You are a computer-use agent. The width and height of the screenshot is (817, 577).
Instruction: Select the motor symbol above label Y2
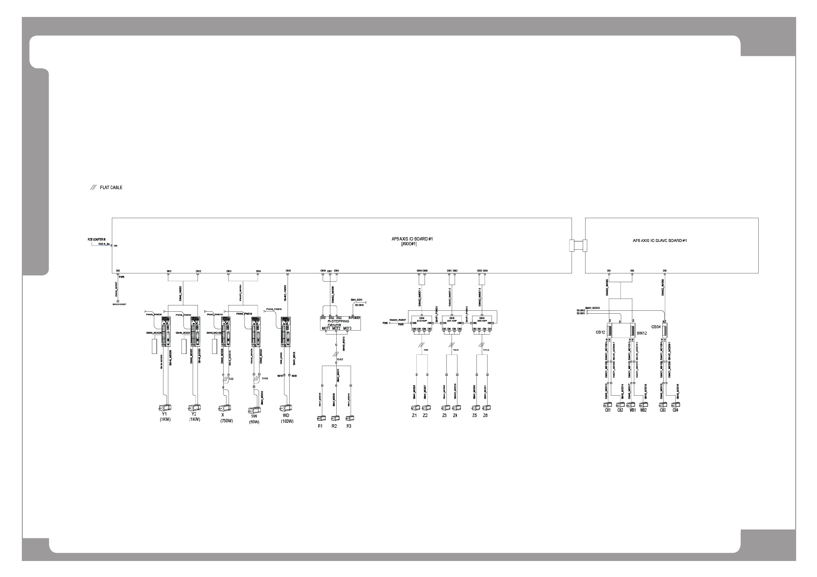[194, 408]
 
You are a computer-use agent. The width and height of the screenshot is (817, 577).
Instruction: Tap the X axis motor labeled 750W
[225, 408]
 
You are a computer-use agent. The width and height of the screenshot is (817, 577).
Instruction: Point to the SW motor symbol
[254, 410]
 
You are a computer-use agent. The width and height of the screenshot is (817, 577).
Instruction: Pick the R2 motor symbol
[334, 418]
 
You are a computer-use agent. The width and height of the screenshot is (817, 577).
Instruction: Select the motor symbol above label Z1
[415, 408]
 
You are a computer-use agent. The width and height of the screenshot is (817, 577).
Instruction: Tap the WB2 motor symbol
[643, 404]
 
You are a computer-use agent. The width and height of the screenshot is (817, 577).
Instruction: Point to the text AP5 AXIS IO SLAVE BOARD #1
[660, 240]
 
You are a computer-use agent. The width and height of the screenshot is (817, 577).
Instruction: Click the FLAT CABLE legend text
[111, 187]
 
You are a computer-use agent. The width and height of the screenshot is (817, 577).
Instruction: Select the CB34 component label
[655, 327]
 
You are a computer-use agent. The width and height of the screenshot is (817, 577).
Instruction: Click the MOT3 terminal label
[347, 329]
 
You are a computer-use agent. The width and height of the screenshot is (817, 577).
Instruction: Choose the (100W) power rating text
[287, 421]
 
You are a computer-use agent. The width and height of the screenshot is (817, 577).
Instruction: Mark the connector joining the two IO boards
[578, 245]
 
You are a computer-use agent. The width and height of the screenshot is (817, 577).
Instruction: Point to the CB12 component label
[600, 332]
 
